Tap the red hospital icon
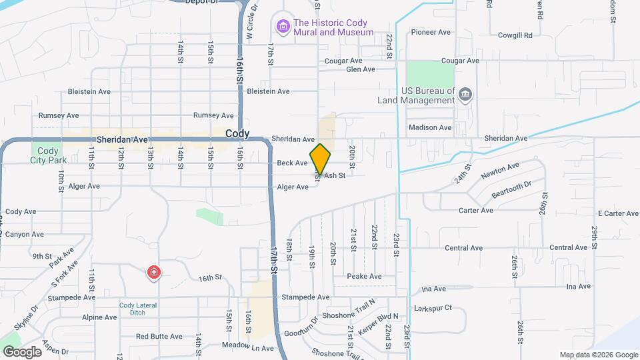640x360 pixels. point(154,273)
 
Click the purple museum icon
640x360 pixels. point(283,27)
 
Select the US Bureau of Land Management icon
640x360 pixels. point(465,95)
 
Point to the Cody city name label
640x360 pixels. point(237,133)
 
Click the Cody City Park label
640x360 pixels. point(48,155)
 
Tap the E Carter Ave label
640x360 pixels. point(618,213)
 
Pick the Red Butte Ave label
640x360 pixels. point(159,337)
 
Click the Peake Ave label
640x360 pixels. point(364,276)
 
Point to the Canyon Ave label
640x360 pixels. point(24,235)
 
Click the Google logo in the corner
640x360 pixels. point(22,351)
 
